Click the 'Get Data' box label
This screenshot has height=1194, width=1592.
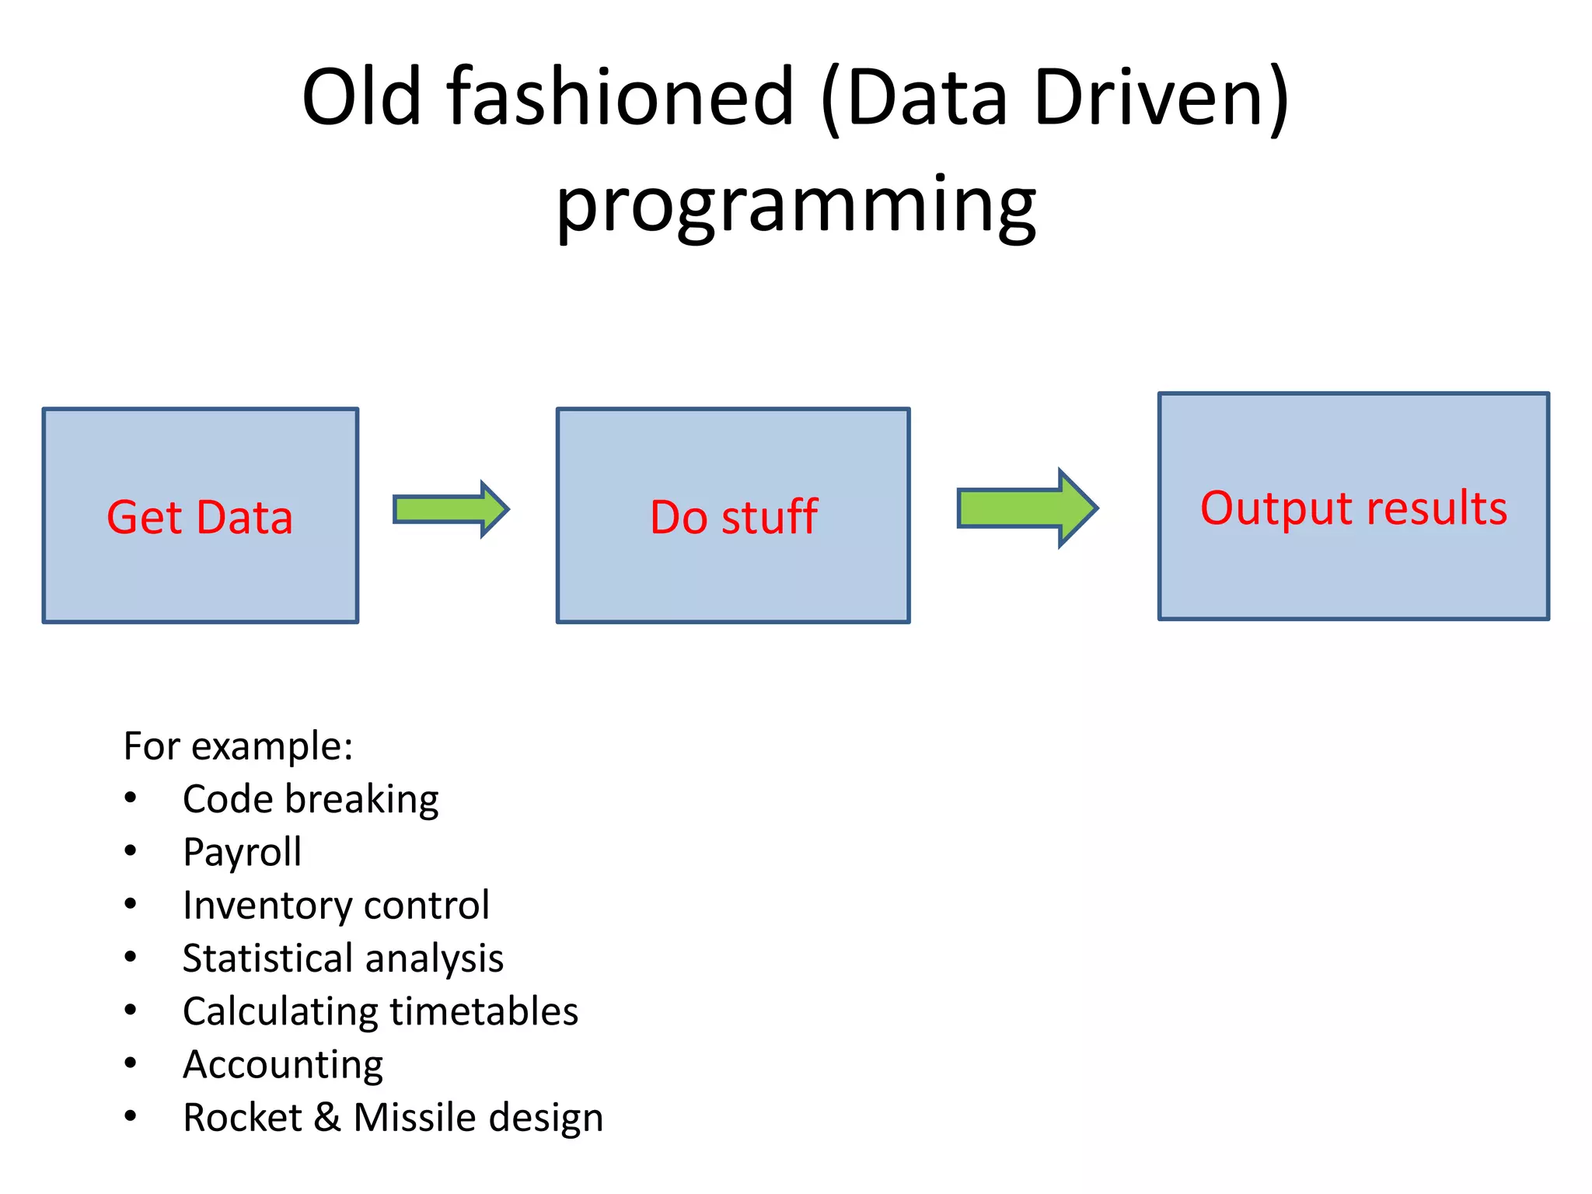click(x=200, y=518)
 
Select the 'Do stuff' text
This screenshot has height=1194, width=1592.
click(x=733, y=518)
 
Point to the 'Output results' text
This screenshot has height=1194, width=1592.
click(x=1353, y=508)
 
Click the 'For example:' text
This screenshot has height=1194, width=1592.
click(x=238, y=746)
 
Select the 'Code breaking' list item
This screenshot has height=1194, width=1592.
click(x=310, y=799)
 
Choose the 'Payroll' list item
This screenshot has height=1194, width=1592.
click(x=242, y=852)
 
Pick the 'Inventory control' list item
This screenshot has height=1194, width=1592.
click(x=336, y=905)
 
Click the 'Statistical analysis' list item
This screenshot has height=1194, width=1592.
click(x=343, y=958)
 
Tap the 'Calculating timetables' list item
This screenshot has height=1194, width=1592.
click(x=380, y=1011)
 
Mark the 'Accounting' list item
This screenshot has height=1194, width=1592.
click(x=283, y=1064)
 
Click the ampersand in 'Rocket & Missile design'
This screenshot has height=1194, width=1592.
click(x=327, y=1118)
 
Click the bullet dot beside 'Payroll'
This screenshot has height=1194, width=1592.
click(x=131, y=851)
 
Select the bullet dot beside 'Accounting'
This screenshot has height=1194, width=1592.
click(x=131, y=1063)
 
